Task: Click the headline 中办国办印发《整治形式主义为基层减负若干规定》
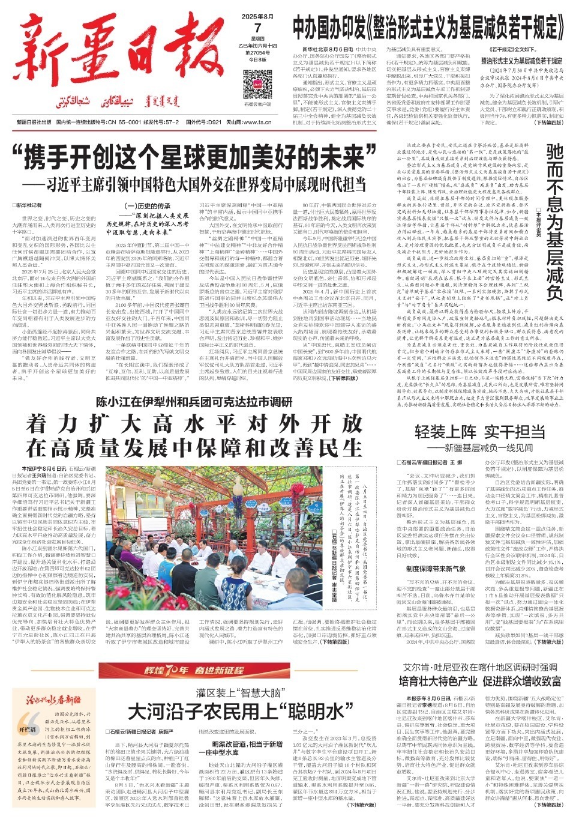pos(425,25)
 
